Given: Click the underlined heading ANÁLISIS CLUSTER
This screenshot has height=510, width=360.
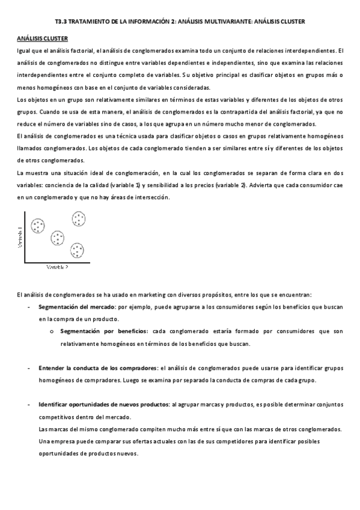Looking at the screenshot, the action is pos(42,38).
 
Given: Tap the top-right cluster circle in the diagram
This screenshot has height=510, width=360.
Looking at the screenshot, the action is pos(79,218).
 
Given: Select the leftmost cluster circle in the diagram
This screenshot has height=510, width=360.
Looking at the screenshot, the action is pos(38,226).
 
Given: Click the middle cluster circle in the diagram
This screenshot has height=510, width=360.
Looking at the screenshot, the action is pos(58,238).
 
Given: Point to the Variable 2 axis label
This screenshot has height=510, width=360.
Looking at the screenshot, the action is pos(57,266).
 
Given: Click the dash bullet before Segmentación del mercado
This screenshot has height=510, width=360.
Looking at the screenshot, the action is pos(29,307).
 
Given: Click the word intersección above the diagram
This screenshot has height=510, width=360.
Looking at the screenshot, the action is pos(153,197).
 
